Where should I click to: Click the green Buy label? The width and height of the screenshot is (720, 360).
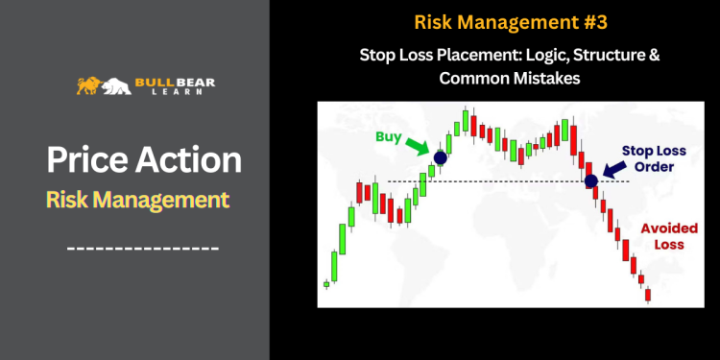pyautogui.click(x=388, y=137)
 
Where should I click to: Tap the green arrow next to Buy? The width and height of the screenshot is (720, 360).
pyautogui.click(x=419, y=147)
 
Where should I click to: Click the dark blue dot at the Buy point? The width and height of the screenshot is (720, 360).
pyautogui.click(x=440, y=157)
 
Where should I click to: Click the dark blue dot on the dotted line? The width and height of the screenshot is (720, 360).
pyautogui.click(x=590, y=180)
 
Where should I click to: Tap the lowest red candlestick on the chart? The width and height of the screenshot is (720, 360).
pyautogui.click(x=647, y=294)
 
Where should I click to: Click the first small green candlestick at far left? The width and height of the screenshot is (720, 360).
pyautogui.click(x=326, y=283)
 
